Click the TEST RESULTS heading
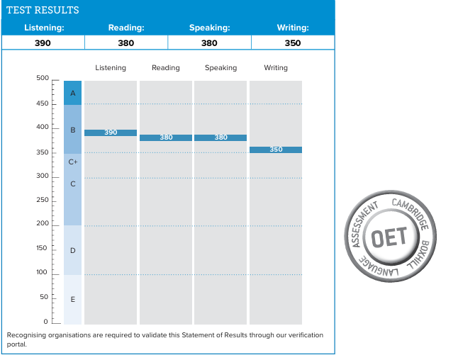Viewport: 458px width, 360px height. (x=43, y=10)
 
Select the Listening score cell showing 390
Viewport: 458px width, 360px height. (x=43, y=43)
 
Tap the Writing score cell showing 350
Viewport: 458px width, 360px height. (x=293, y=43)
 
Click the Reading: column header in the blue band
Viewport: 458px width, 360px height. (x=126, y=28)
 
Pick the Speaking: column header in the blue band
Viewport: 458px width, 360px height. (x=209, y=28)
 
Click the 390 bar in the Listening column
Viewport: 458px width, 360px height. (x=111, y=133)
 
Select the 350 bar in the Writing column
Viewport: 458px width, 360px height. (x=276, y=150)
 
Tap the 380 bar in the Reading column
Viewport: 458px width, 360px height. (x=166, y=137)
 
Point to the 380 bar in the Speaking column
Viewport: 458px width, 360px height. (x=220, y=137)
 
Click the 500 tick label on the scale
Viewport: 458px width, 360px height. (x=43, y=78)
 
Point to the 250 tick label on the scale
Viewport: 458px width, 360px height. (x=43, y=200)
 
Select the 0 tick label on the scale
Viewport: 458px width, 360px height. (x=45, y=322)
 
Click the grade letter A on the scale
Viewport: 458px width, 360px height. (x=73, y=93)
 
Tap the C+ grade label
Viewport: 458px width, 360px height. (x=73, y=162)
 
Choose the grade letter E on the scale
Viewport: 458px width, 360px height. (x=73, y=299)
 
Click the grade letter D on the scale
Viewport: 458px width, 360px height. (x=73, y=250)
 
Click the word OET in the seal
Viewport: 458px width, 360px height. (x=389, y=237)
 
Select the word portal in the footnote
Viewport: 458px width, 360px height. (x=16, y=344)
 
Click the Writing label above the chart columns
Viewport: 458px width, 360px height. (x=276, y=68)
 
